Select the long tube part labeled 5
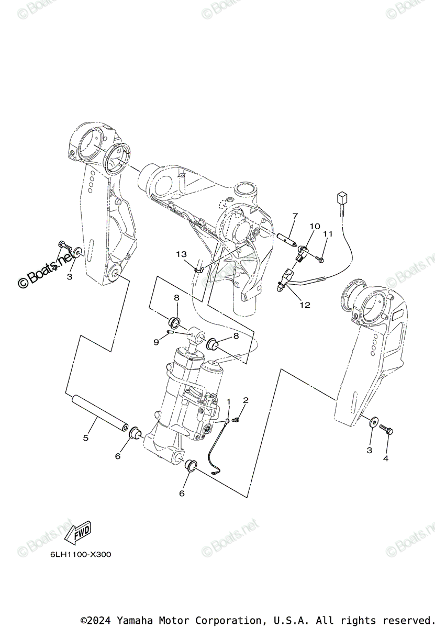coord(101,416)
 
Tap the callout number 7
coord(295,216)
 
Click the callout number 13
coord(181,254)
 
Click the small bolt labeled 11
coord(320,259)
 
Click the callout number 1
coord(228,401)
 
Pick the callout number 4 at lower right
coord(386,458)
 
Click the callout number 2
coord(246,400)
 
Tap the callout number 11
coord(328,233)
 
